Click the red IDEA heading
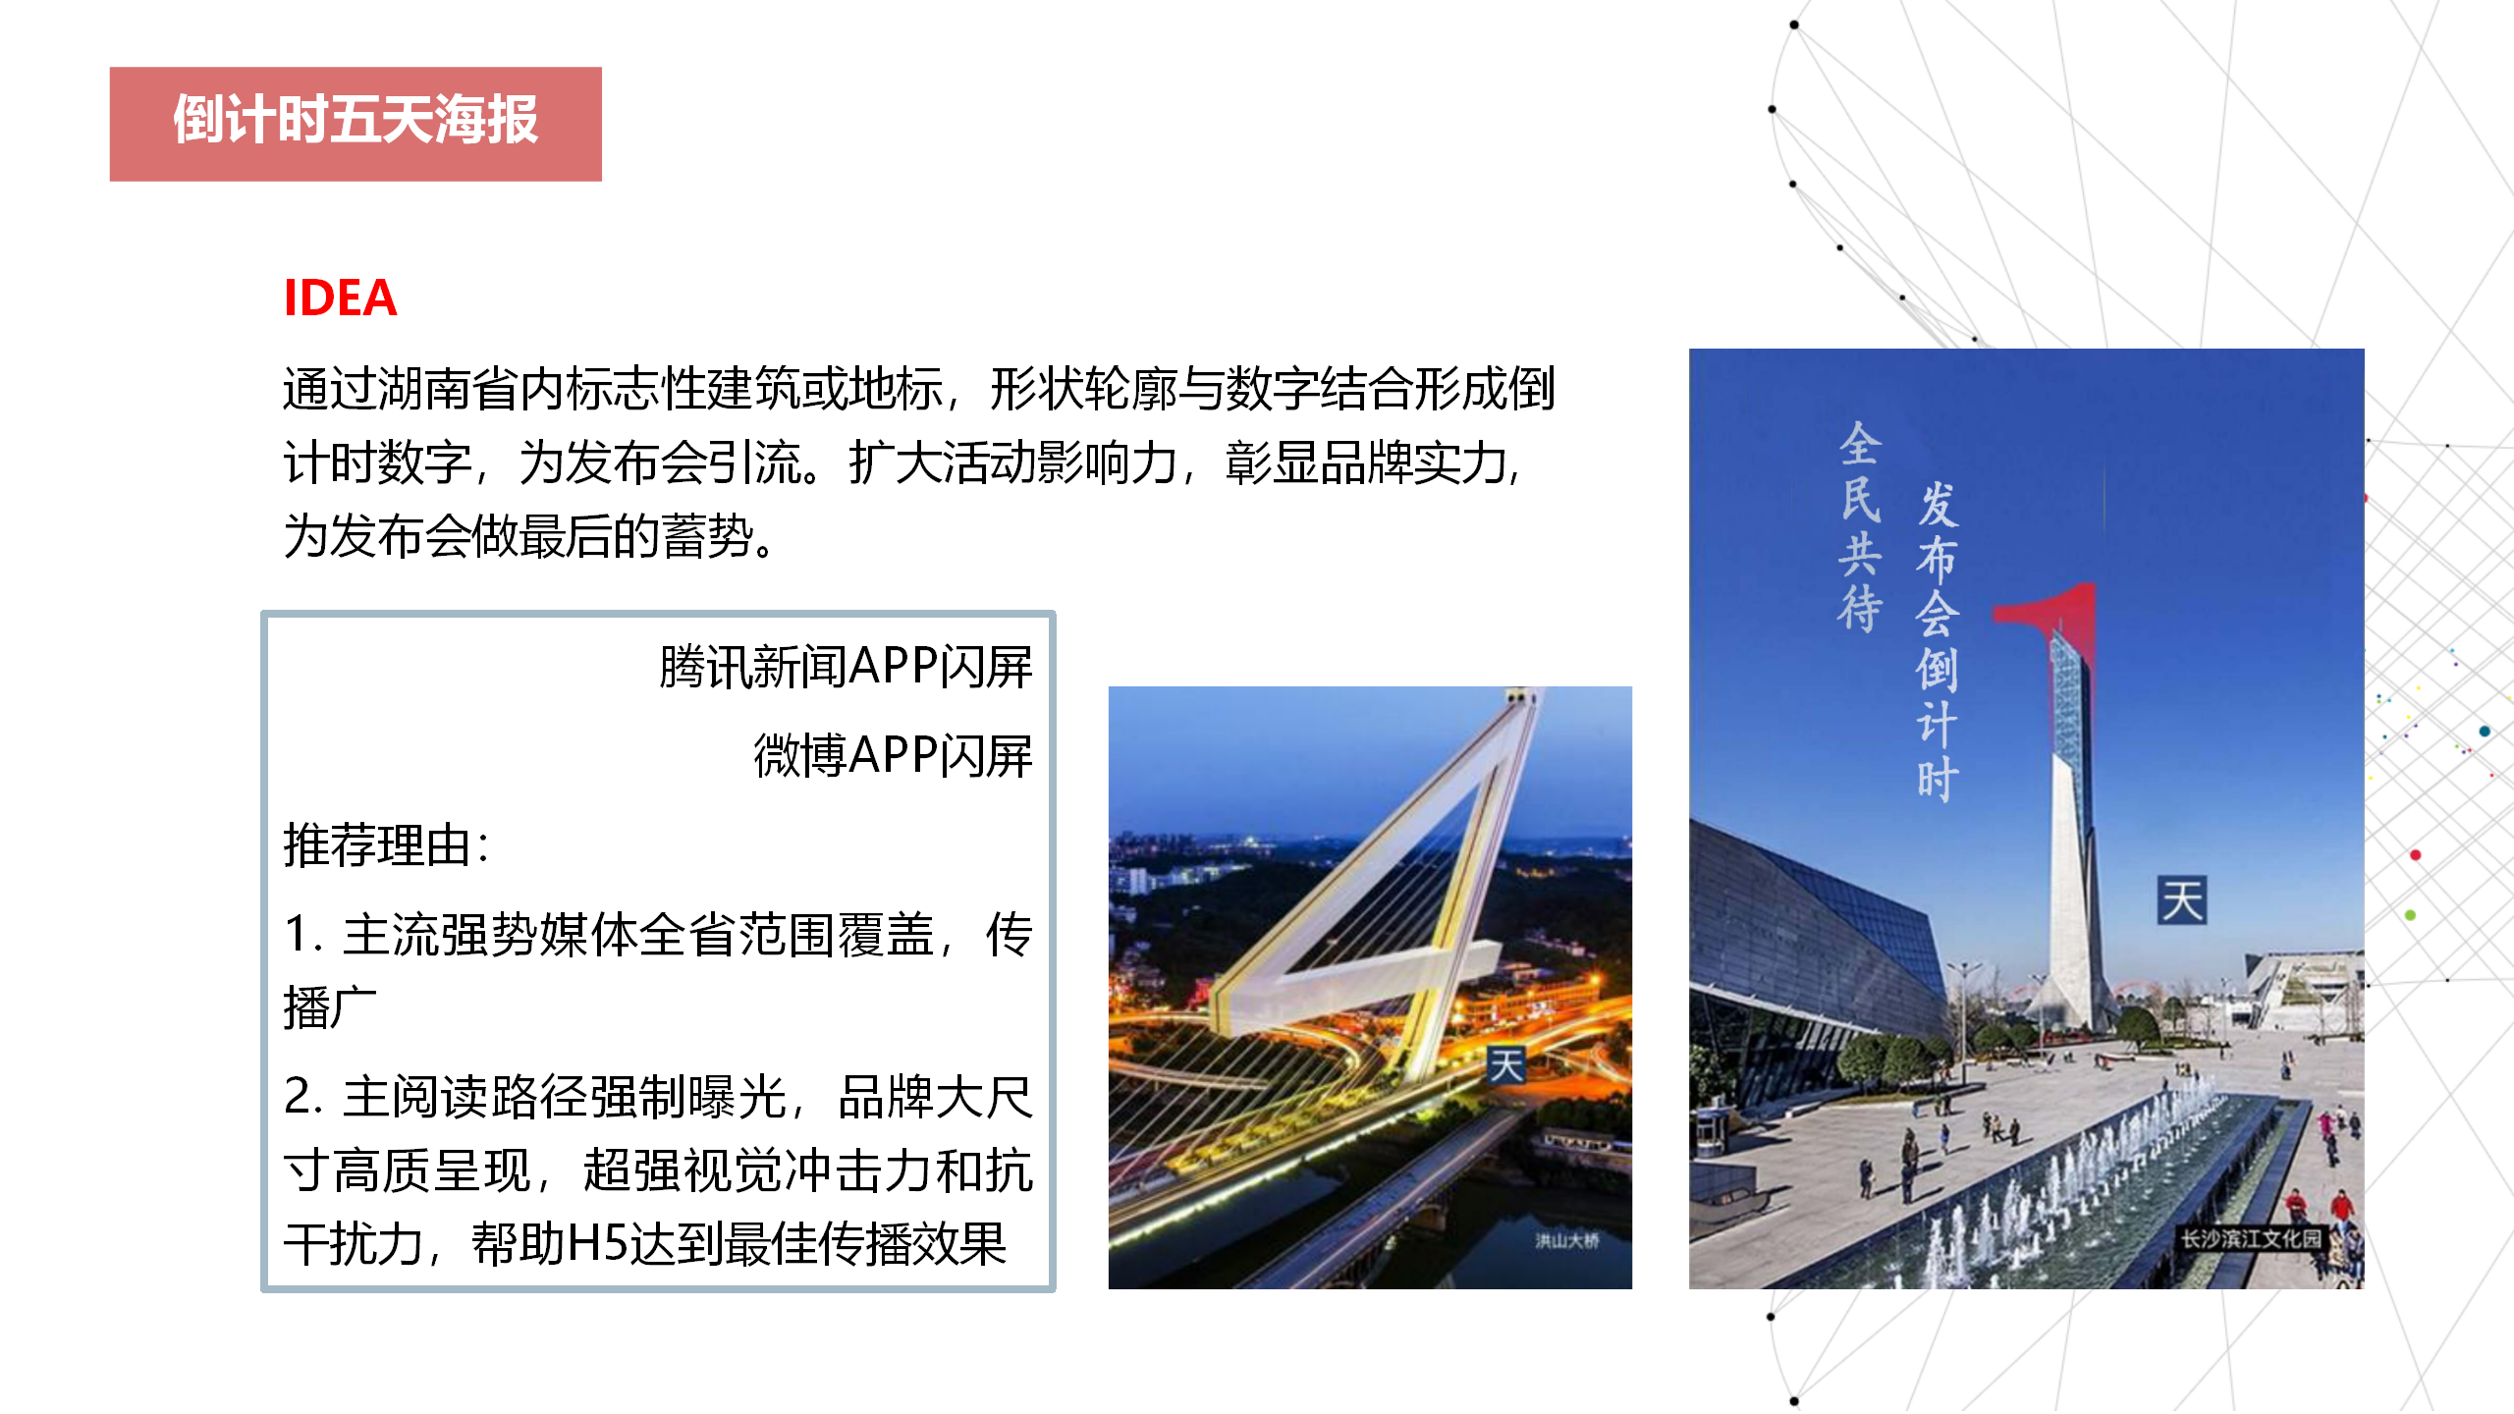(x=340, y=299)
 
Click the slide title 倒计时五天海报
(x=355, y=121)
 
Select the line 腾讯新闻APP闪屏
(x=846, y=668)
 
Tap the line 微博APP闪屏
(x=893, y=756)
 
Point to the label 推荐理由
(x=377, y=845)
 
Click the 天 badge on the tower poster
(x=2181, y=900)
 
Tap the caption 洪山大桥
(x=1567, y=1241)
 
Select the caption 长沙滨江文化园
(x=2251, y=1238)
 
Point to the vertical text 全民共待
(x=1861, y=527)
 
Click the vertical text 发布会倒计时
(x=1938, y=641)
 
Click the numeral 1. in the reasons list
(x=302, y=934)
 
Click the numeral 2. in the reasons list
(x=302, y=1097)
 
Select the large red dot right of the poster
(x=2416, y=855)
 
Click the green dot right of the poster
(x=2411, y=915)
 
